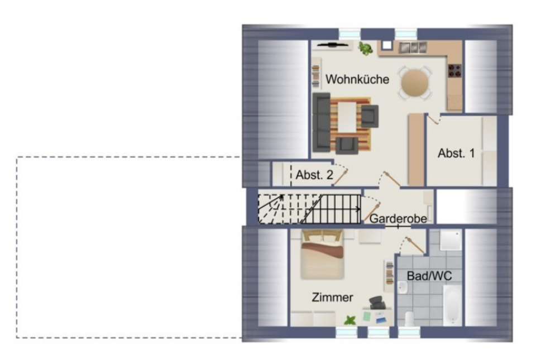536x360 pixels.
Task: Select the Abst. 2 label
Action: (314, 175)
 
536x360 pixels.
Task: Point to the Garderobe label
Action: (398, 218)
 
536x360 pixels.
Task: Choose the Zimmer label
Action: (332, 297)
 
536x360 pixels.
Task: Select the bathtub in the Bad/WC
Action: (452, 305)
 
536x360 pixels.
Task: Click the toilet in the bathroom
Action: (409, 319)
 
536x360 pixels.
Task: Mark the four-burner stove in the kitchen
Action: (455, 71)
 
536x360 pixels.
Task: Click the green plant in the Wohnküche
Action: (366, 49)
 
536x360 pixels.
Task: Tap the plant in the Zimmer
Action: (351, 320)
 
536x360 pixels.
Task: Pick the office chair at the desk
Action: (376, 303)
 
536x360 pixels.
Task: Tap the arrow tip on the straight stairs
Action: (360, 209)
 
